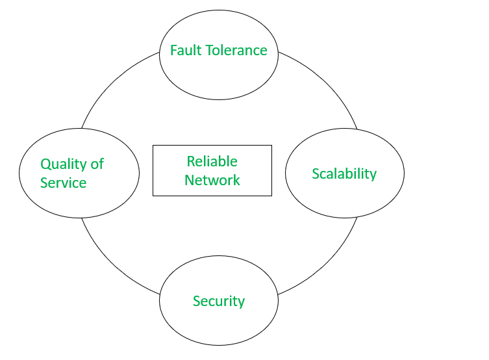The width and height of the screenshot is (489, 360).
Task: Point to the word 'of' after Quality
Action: (97, 164)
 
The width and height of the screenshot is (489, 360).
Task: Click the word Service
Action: (63, 183)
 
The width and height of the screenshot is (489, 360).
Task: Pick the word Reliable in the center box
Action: (212, 161)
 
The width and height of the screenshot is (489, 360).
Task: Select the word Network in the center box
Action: (212, 180)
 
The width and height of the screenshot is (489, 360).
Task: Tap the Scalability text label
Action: (344, 174)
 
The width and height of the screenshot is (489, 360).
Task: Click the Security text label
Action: (218, 302)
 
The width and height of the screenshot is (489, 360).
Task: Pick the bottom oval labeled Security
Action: (218, 325)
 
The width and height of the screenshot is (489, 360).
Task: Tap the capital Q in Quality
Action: (45, 164)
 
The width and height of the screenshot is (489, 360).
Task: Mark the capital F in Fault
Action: (173, 51)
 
